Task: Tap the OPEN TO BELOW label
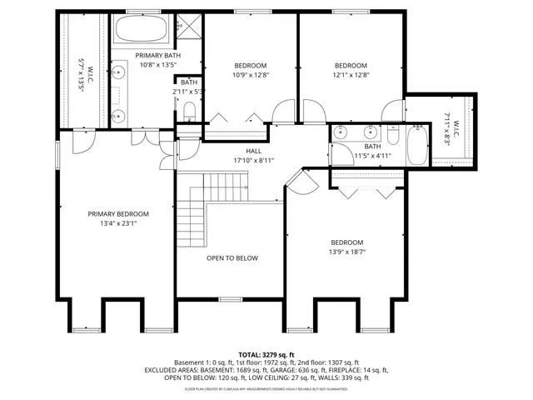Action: point(232,258)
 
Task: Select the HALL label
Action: point(242,151)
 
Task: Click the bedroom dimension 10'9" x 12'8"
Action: point(250,75)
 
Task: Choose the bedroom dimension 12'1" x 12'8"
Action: point(351,75)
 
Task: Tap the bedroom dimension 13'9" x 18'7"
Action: point(347,251)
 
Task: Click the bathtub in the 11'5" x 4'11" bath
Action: point(416,145)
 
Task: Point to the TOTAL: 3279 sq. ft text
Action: point(266,354)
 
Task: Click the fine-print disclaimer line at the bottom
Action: point(266,388)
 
